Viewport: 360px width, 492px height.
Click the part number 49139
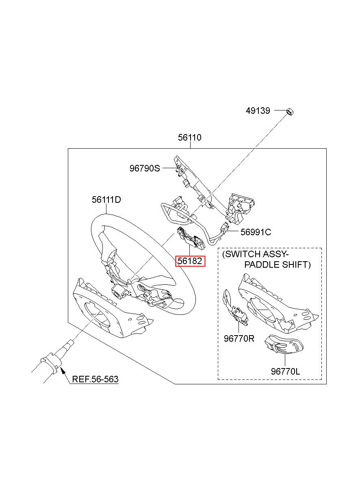pos(258,111)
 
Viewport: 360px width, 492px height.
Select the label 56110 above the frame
pos(190,137)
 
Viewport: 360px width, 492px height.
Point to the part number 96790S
pos(145,169)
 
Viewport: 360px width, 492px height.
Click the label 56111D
pos(106,199)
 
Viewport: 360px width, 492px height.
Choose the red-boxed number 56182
pos(190,261)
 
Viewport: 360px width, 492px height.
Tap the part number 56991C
pos(256,232)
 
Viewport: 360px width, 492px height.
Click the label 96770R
pos(239,338)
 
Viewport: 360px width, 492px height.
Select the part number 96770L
pos(285,371)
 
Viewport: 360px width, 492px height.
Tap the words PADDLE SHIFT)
pos(278,264)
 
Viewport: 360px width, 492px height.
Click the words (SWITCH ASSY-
pos(256,254)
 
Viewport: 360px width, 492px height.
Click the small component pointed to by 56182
pos(191,237)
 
